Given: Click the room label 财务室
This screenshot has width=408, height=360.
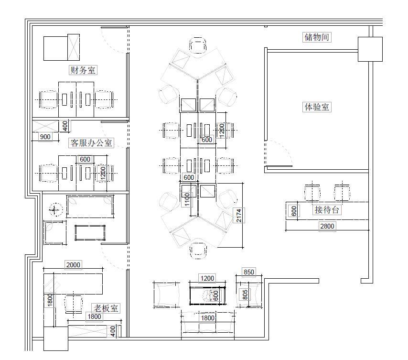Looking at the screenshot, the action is click(x=83, y=70).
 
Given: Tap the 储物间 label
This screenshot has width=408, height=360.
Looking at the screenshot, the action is click(x=317, y=37).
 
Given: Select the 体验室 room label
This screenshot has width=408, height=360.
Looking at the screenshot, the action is click(x=317, y=107).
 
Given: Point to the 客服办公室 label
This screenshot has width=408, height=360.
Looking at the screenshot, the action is click(x=91, y=142).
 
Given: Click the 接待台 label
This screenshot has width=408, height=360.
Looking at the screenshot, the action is click(x=327, y=209).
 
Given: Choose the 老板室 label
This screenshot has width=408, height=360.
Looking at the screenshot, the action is click(x=106, y=308).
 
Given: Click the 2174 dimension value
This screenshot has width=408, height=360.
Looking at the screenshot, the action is click(x=238, y=215).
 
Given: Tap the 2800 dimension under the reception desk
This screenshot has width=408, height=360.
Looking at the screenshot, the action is click(x=327, y=226).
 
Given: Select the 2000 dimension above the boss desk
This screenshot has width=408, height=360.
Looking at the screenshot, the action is click(x=73, y=265).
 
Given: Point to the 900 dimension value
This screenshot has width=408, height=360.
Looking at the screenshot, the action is click(x=45, y=137).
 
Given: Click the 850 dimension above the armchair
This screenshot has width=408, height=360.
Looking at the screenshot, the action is click(x=248, y=272).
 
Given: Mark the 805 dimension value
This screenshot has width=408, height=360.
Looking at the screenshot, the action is click(x=245, y=295).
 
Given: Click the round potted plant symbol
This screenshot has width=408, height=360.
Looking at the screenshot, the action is click(x=55, y=209).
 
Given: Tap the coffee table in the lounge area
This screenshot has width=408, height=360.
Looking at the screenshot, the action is click(x=207, y=295).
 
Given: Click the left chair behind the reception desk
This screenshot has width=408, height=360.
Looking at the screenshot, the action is click(x=312, y=192).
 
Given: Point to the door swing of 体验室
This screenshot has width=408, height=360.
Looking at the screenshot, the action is click(x=279, y=153).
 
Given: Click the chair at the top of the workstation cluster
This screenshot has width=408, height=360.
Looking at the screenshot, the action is click(x=198, y=45).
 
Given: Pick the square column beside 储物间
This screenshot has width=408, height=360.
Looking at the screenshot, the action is click(x=370, y=49).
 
